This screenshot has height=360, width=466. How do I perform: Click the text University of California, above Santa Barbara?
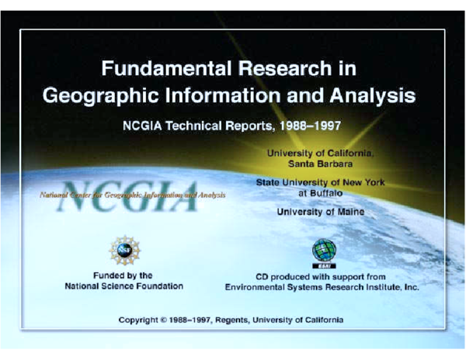tap(321, 154)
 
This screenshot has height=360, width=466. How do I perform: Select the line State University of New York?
tap(321, 182)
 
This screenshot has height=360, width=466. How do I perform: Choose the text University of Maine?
tap(321, 211)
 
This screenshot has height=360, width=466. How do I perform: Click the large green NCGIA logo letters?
tap(128, 193)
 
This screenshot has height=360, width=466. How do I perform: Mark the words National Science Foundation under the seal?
tap(124, 286)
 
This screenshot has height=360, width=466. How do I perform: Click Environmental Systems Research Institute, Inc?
tap(322, 287)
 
